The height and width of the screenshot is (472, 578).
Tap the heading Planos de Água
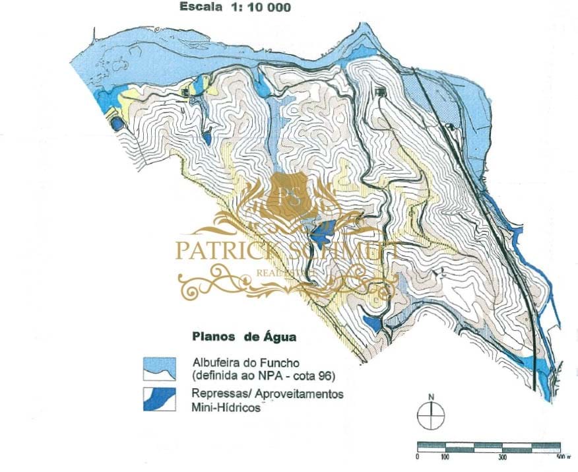pos(243,336)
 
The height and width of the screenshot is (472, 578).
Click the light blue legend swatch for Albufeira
pos(159,369)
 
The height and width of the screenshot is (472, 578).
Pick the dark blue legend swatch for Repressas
pos(159,399)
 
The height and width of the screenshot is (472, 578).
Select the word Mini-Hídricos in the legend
pos(226,407)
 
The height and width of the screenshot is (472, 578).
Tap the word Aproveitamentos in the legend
pos(294,394)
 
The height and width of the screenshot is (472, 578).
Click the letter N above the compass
pos(431,396)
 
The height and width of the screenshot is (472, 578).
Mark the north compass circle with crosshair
pos(431,415)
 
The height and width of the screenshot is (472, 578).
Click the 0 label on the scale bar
pos(418,456)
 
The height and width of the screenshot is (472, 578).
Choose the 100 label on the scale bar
pos(445,456)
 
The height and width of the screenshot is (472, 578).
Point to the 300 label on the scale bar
pos(503,456)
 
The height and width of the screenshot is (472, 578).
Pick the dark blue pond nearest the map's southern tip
pos(373,323)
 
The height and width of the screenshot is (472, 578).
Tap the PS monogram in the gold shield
pos(288,196)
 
